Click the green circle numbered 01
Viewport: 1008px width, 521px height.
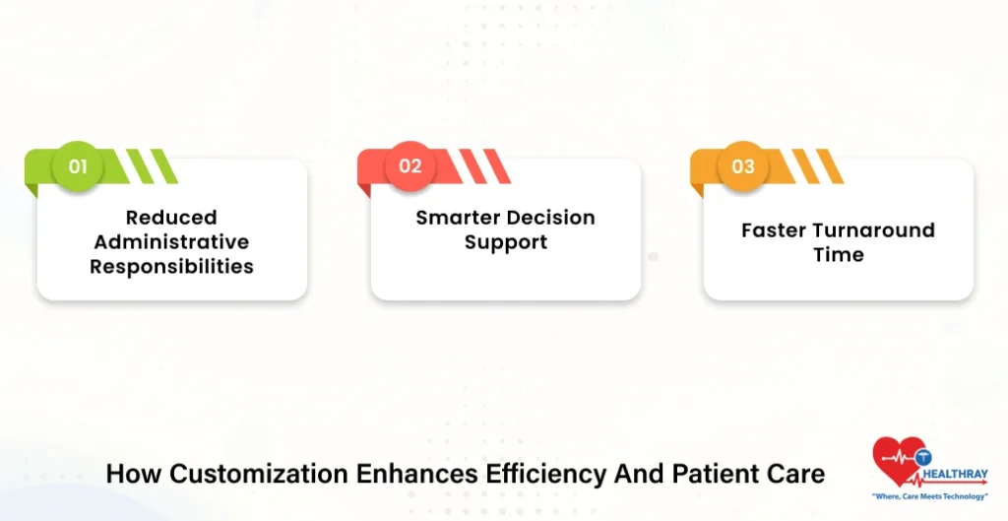78,165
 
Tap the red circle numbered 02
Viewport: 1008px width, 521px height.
410,165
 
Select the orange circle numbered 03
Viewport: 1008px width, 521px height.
743,165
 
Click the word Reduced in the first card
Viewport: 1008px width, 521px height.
171,218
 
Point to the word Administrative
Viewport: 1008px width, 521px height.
171,242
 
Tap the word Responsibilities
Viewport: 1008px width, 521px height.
171,266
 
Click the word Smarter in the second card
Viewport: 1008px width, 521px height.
455,218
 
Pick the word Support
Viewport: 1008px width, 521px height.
506,242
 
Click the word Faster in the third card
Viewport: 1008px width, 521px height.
770,230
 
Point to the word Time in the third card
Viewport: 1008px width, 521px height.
839,255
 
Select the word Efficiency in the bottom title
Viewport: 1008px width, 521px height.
545,475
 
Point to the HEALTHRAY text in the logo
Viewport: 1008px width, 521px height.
956,475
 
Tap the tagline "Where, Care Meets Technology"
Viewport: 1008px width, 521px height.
929,496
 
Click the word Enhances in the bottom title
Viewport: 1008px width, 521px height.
416,474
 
